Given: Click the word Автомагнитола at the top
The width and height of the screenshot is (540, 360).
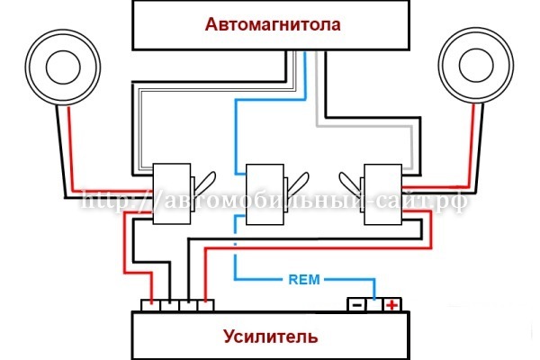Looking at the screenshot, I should (x=274, y=24).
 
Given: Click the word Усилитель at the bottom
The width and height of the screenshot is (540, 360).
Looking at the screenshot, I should (x=270, y=337).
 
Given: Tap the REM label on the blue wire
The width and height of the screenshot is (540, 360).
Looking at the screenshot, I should (x=303, y=278).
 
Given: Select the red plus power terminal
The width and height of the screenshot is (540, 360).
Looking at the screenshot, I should (x=392, y=305).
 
